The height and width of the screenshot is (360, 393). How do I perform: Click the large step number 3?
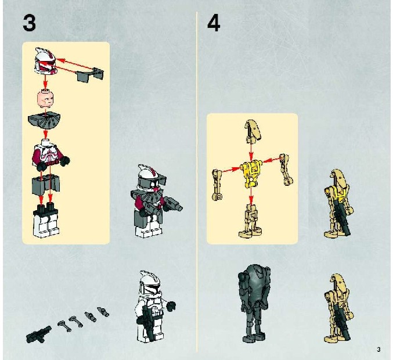click(30, 23)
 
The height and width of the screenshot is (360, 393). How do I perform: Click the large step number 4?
click(214, 23)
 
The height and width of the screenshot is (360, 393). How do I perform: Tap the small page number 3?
click(378, 349)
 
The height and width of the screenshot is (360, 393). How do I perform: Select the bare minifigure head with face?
click(45, 99)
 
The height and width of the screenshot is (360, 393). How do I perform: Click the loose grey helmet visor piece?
click(90, 74)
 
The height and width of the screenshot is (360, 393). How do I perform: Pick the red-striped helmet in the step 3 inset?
click(46, 61)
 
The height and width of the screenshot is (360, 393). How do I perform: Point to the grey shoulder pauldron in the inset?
click(44, 121)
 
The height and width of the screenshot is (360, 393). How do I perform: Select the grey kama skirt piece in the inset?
click(46, 185)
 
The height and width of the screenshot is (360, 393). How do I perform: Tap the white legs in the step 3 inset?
click(46, 221)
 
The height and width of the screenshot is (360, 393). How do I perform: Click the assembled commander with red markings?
click(153, 200)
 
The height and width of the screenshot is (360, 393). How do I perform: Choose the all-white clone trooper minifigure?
click(153, 307)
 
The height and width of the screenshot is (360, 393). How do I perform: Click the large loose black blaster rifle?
click(38, 334)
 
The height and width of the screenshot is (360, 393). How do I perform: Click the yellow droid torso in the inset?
click(251, 172)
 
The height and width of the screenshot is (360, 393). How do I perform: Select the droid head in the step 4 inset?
click(252, 131)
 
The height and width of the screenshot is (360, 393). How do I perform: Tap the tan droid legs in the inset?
click(251, 221)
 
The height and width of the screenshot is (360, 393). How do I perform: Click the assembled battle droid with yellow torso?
click(338, 203)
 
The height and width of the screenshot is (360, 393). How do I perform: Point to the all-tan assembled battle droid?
click(338, 308)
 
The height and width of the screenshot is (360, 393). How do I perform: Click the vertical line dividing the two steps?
click(197, 182)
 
